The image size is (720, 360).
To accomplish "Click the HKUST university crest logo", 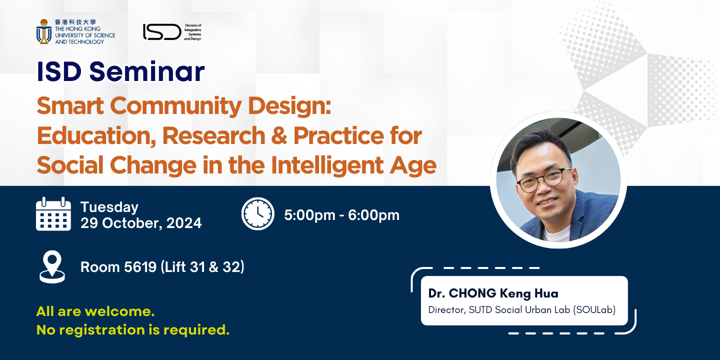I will (44, 31).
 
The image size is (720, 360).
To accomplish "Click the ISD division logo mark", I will (162, 32).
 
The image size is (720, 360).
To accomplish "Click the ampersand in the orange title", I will (277, 135).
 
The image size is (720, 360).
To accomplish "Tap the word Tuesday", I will (109, 207).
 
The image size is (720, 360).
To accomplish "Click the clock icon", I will (258, 214).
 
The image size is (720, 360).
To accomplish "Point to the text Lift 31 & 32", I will (202, 267).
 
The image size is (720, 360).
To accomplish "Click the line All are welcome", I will (95, 311).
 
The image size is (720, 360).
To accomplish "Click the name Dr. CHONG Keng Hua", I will (493, 293).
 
